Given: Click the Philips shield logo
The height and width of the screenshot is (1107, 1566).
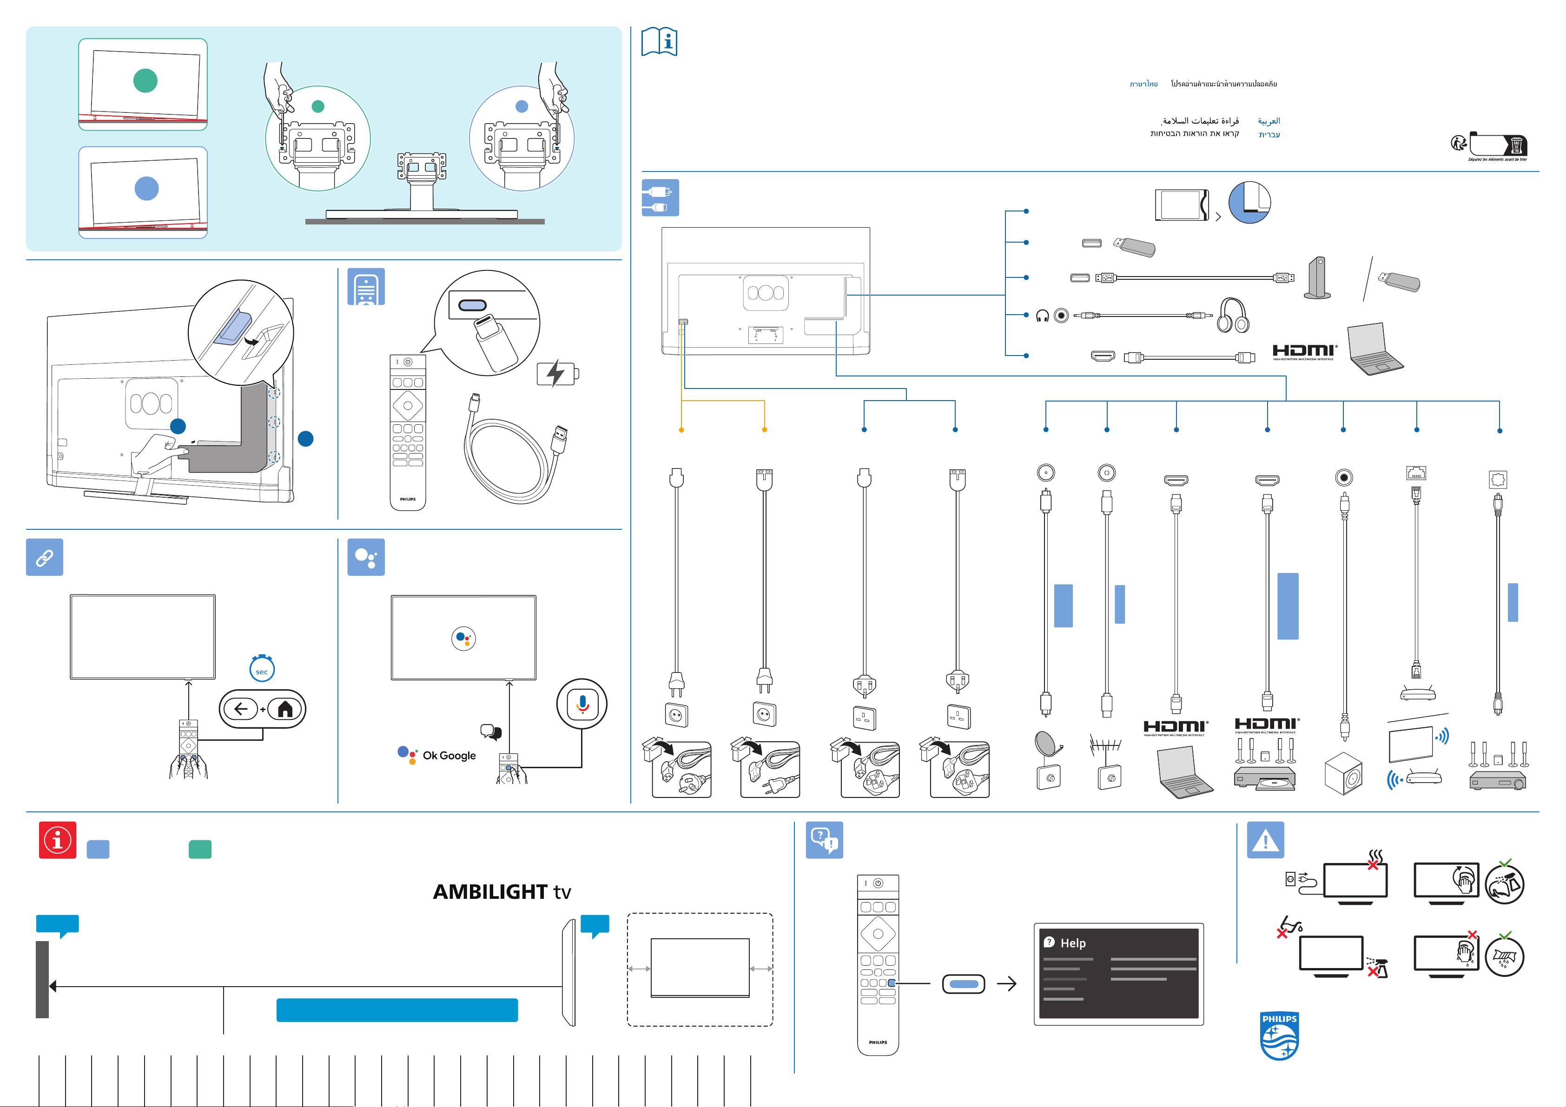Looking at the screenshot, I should point(1279,1035).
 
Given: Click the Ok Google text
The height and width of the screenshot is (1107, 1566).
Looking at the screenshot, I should point(449,755).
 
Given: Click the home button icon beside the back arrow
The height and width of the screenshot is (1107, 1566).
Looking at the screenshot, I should point(285,709).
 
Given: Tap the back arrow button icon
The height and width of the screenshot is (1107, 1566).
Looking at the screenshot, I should point(241,709).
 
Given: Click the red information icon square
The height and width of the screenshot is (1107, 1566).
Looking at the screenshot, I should point(58,840).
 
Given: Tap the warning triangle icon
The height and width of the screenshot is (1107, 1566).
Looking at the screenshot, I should point(1265,840).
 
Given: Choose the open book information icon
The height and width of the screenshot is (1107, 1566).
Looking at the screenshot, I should point(660,42).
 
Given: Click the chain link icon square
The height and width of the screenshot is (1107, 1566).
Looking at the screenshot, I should point(44,557).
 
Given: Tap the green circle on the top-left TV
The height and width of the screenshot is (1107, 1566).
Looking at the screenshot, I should point(145,80).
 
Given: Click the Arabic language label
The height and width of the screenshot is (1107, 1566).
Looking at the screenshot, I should point(1269,121).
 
